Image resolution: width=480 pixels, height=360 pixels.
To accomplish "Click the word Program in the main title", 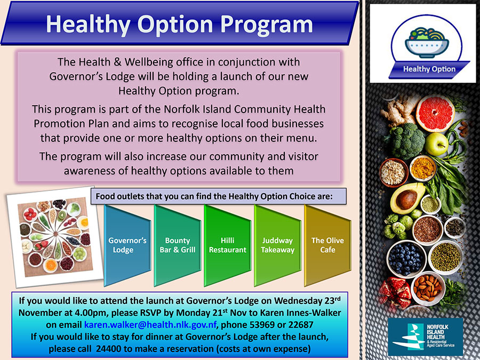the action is click(266, 25).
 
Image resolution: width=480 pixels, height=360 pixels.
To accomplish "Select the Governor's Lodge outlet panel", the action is click(127, 245).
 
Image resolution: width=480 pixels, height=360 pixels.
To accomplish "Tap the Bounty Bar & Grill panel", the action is click(177, 245).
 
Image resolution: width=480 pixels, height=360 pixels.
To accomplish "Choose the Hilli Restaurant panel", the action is click(227, 245).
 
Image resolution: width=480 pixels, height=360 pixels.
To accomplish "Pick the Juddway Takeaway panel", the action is click(277, 245).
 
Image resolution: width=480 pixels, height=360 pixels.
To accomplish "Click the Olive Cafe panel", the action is click(327, 245).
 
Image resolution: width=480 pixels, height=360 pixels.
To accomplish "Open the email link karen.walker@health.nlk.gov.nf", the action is click(150, 324).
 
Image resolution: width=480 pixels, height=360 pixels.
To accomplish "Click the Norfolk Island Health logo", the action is click(425, 337).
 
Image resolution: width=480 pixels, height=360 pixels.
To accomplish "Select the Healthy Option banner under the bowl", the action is click(429, 69).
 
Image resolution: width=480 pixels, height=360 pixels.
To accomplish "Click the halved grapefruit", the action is click(435, 114).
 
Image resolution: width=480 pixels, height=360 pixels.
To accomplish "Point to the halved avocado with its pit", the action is click(407, 198).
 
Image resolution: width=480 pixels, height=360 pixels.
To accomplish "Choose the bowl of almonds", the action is click(428, 289).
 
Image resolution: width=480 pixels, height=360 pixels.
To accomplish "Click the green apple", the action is click(436, 144).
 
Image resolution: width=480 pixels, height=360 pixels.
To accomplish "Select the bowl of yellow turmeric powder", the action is click(423, 168).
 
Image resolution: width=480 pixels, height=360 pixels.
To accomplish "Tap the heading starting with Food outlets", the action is click(219, 196).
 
